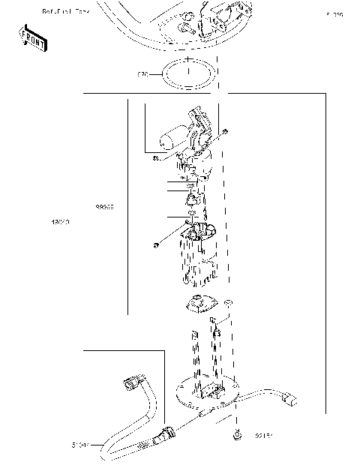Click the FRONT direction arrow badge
[x=33, y=38]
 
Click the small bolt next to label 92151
[x=237, y=433]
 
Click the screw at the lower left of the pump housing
[x=154, y=244]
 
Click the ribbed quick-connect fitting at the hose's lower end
[x=163, y=435]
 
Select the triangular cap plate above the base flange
[x=200, y=306]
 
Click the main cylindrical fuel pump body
[x=197, y=262]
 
